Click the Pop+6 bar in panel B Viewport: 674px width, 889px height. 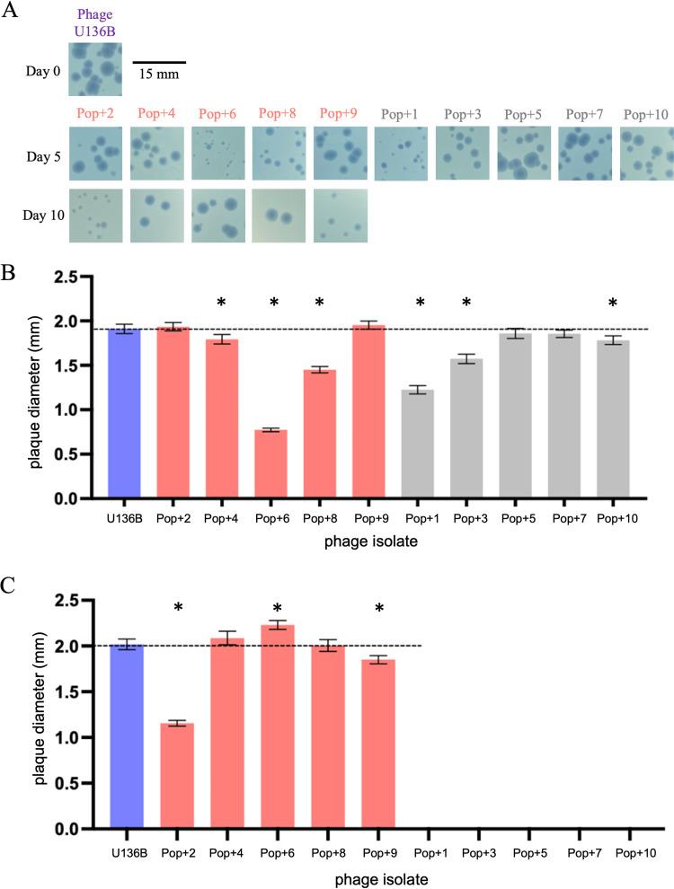[x=274, y=463]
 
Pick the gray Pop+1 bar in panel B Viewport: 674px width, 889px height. [x=421, y=444]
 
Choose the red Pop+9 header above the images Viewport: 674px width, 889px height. [x=338, y=115]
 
